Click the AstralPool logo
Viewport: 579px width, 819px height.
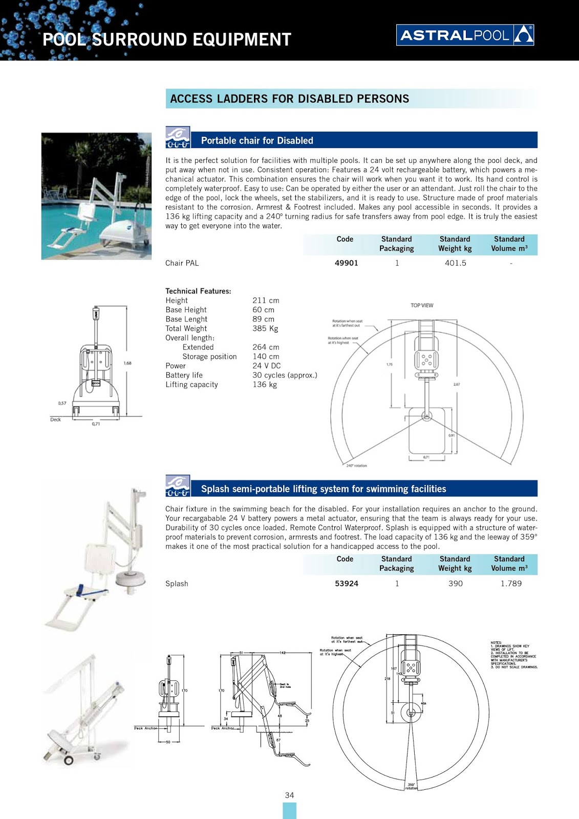coord(465,35)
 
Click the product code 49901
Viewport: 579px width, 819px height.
coord(346,263)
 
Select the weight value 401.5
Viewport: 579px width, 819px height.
coord(455,263)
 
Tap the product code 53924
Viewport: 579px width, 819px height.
coord(346,584)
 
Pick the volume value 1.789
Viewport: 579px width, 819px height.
coord(510,584)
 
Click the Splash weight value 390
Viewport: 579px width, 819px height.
coord(455,584)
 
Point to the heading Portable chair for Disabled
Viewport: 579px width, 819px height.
coord(257,141)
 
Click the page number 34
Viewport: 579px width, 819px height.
coord(289,795)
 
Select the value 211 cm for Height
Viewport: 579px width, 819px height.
coord(266,300)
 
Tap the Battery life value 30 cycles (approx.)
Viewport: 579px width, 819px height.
coord(285,375)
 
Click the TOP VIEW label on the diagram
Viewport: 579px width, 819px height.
coord(422,306)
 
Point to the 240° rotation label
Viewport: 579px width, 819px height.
coord(356,466)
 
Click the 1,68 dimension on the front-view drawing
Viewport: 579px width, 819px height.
coord(127,363)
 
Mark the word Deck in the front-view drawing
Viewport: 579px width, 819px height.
coord(55,420)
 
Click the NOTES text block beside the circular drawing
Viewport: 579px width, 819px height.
coord(513,655)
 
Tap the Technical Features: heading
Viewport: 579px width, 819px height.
coord(198,291)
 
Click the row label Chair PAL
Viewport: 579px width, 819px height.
coord(182,263)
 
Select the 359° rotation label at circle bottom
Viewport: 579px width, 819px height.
coord(412,786)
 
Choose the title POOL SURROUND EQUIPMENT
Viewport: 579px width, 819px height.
coord(166,39)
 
